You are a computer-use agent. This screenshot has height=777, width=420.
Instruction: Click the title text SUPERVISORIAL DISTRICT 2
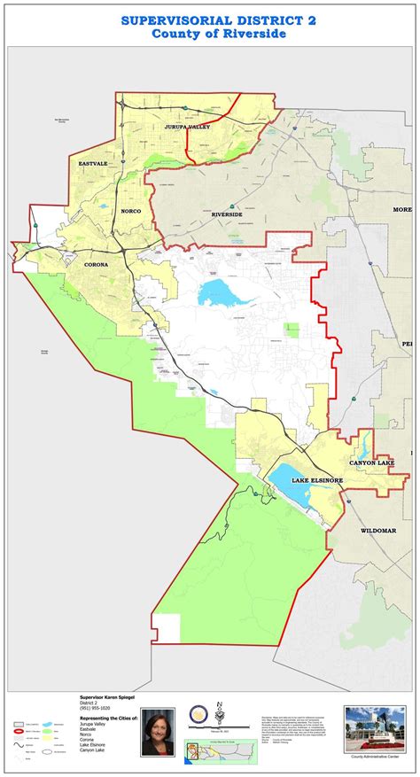pyautogui.click(x=209, y=19)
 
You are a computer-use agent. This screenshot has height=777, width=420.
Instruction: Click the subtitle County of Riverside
pyautogui.click(x=209, y=34)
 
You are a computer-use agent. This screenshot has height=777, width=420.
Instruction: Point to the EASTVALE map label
pyautogui.click(x=92, y=163)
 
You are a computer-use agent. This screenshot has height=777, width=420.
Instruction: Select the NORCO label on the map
pyautogui.click(x=131, y=211)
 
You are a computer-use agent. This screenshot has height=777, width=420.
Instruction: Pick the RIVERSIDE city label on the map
pyautogui.click(x=227, y=214)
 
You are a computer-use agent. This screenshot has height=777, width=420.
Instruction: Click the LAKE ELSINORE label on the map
pyautogui.click(x=316, y=479)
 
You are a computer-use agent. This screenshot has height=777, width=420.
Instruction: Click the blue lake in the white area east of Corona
pyautogui.click(x=217, y=292)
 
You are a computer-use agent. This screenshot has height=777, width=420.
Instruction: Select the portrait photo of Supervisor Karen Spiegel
pyautogui.click(x=159, y=732)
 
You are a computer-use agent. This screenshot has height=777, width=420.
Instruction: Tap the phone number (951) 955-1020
pyautogui.click(x=94, y=709)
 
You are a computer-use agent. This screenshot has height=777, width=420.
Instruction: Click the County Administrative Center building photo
pyautogui.click(x=375, y=727)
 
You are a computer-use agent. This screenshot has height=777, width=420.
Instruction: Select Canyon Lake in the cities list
pyautogui.click(x=93, y=750)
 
